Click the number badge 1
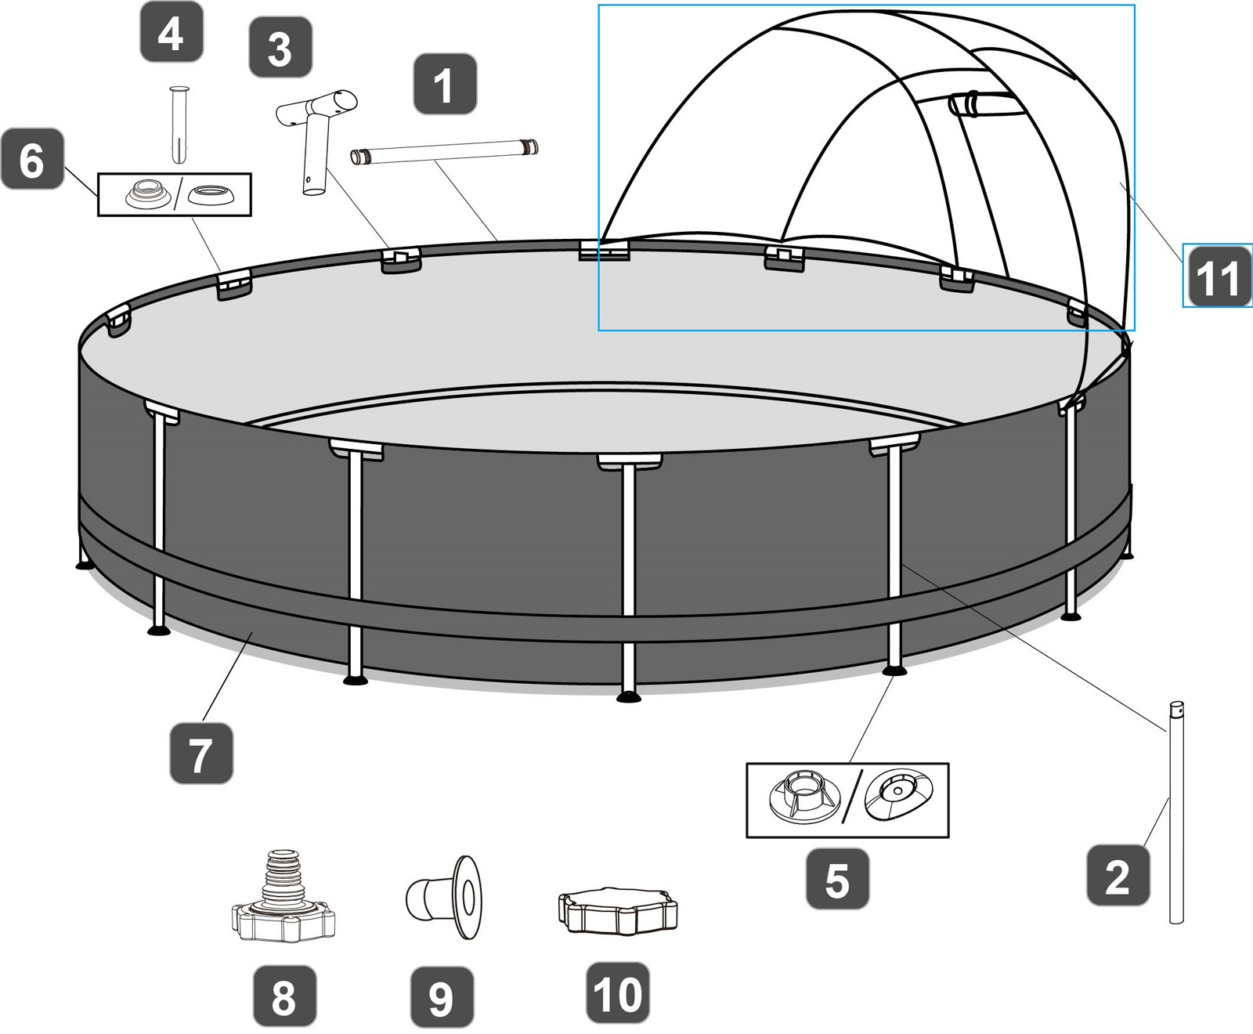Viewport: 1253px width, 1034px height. (x=445, y=84)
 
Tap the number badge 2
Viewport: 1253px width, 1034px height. (x=1118, y=875)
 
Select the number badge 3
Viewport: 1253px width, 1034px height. (x=280, y=48)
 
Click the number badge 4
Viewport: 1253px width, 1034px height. (x=171, y=32)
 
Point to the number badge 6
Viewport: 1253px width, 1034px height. (x=32, y=159)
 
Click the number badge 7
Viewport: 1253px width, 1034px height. (x=201, y=754)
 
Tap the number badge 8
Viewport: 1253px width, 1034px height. (x=284, y=996)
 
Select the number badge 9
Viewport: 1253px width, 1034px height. (x=442, y=997)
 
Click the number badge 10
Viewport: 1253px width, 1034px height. (x=618, y=993)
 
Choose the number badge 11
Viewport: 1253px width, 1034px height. (x=1217, y=276)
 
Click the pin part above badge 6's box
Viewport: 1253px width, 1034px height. (x=179, y=124)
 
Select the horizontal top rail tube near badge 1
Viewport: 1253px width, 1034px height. (x=443, y=151)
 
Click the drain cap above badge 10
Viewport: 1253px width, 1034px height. (x=617, y=912)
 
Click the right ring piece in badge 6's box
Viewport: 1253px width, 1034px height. (x=211, y=194)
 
